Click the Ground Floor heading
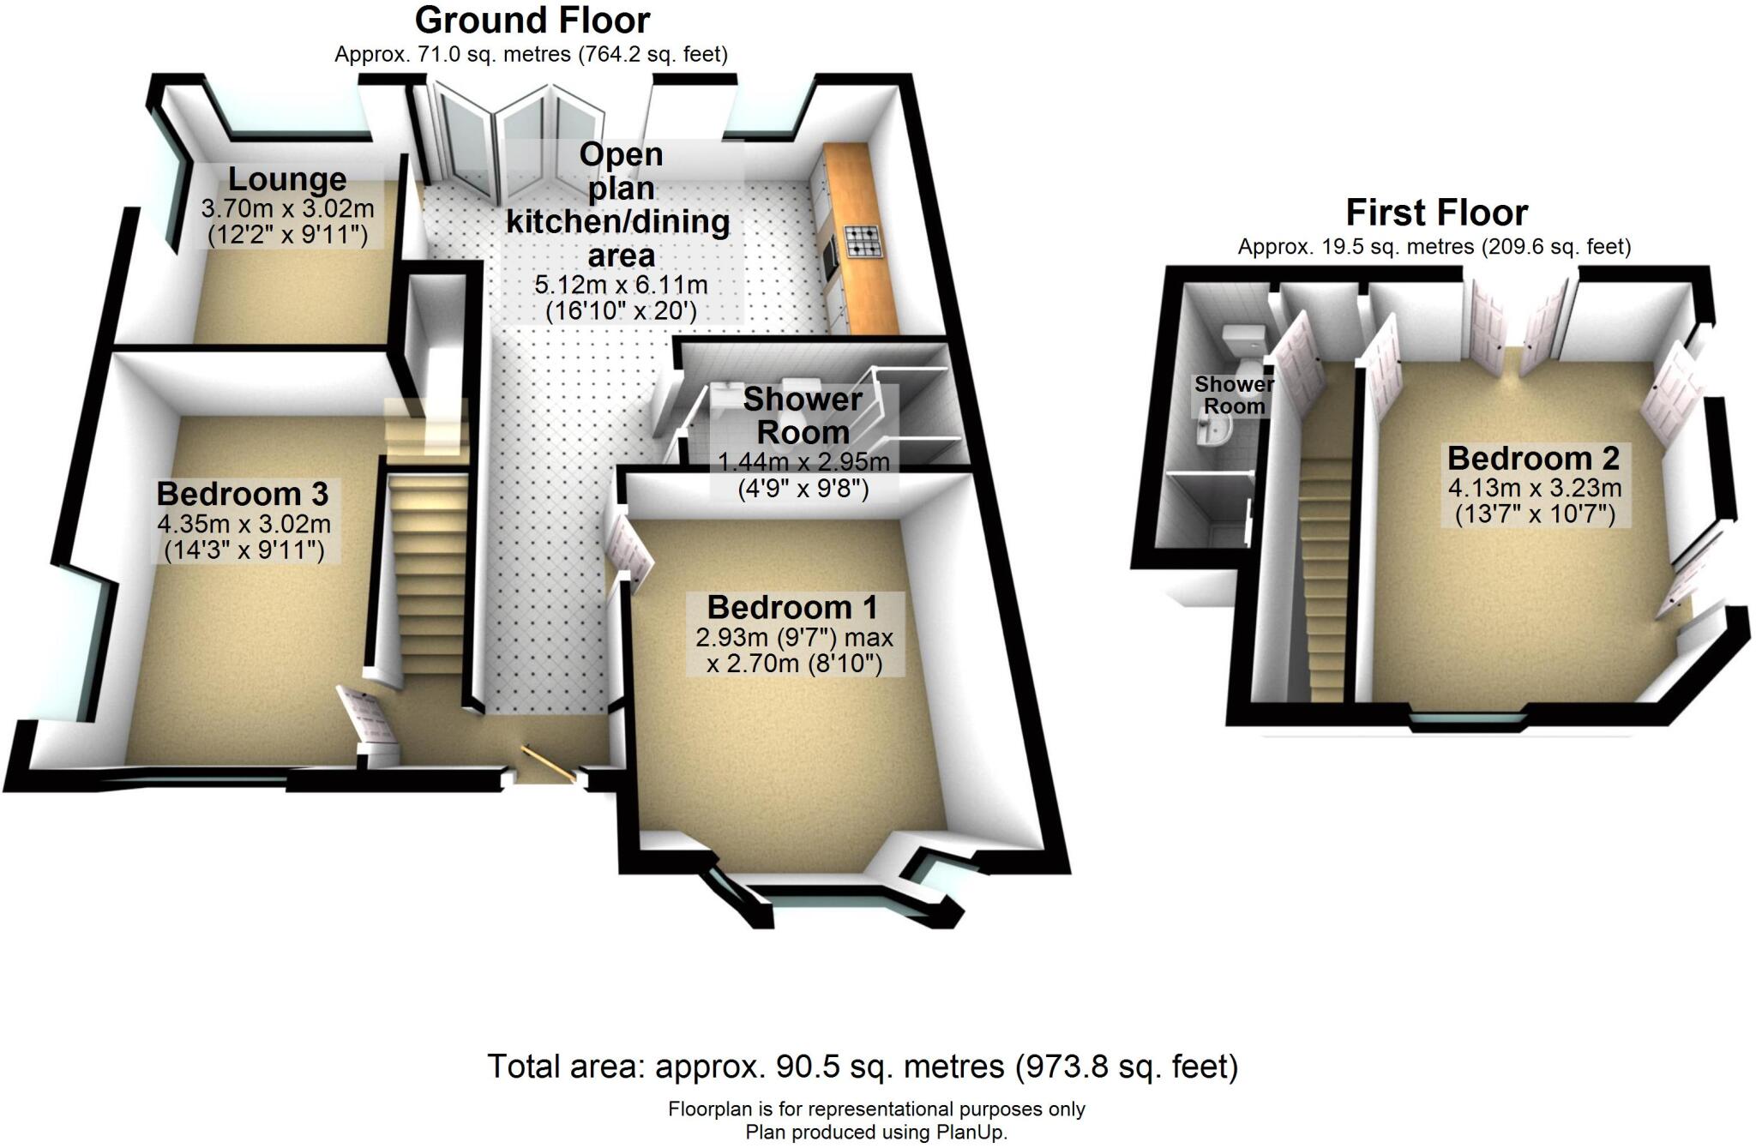tap(532, 20)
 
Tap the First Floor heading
tap(1436, 212)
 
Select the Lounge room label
tap(287, 179)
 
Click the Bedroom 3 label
tap(243, 494)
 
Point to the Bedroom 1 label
tap(792, 607)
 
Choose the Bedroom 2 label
tap(1533, 458)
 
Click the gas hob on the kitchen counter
tap(863, 241)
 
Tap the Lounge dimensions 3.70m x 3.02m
tap(287, 208)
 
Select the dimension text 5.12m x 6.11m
tap(621, 285)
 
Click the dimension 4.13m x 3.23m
tap(1534, 489)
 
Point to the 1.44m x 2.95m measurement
tap(803, 463)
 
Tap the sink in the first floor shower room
tap(1212, 438)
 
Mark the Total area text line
tap(863, 1067)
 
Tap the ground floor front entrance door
tap(549, 764)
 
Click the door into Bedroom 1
tap(629, 549)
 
